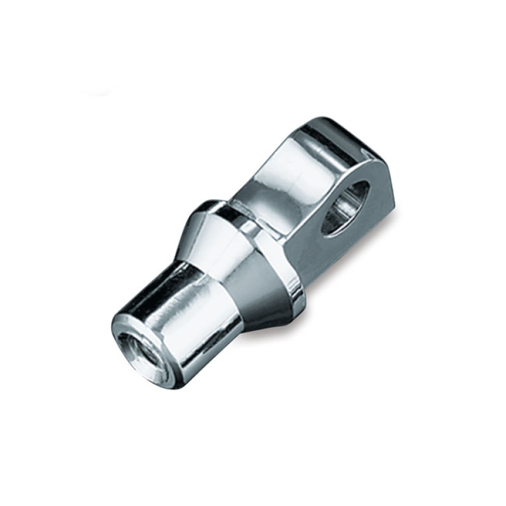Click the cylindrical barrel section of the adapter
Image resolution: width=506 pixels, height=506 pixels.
183,323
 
